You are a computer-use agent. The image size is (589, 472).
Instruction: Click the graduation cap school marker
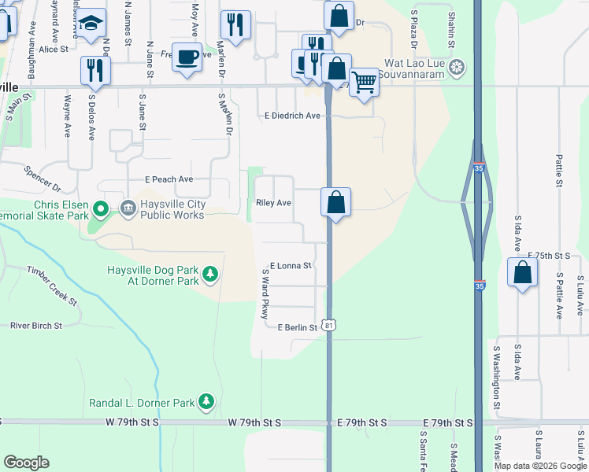(x=92, y=23)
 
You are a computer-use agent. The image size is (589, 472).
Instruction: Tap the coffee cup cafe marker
(x=187, y=57)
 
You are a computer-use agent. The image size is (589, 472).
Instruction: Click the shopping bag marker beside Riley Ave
(x=335, y=202)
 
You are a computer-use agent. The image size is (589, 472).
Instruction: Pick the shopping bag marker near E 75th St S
(x=522, y=272)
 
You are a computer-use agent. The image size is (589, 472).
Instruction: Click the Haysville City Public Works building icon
(x=127, y=208)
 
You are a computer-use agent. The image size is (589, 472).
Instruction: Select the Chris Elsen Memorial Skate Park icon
(x=100, y=209)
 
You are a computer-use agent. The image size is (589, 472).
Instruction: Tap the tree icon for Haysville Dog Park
(x=209, y=274)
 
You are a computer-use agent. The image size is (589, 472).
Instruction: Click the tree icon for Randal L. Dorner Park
(x=206, y=402)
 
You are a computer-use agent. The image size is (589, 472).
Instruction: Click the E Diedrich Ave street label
(x=291, y=116)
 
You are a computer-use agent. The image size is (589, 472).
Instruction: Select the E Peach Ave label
(x=169, y=179)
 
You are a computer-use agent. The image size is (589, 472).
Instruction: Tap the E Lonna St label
(x=291, y=266)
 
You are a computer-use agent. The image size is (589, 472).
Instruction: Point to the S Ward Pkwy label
(x=265, y=293)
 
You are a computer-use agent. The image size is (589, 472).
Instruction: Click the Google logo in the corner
(x=27, y=463)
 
